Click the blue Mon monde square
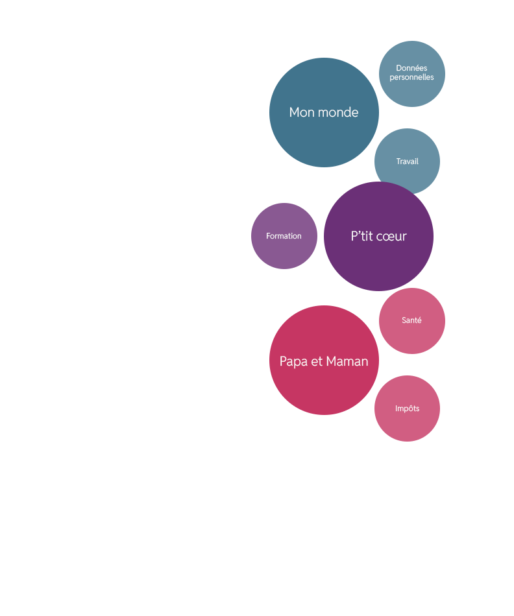click(x=323, y=139)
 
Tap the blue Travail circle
click(x=407, y=175)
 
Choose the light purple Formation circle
click(x=284, y=253)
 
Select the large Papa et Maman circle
click(x=324, y=389)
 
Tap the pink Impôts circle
click(x=407, y=425)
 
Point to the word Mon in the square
click(x=301, y=112)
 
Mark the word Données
click(x=411, y=68)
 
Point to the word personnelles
click(x=411, y=77)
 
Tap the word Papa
click(x=293, y=361)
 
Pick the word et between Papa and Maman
click(x=317, y=361)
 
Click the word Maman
click(x=347, y=361)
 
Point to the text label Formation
click(x=284, y=236)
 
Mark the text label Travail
click(x=407, y=161)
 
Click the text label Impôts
click(x=407, y=409)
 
